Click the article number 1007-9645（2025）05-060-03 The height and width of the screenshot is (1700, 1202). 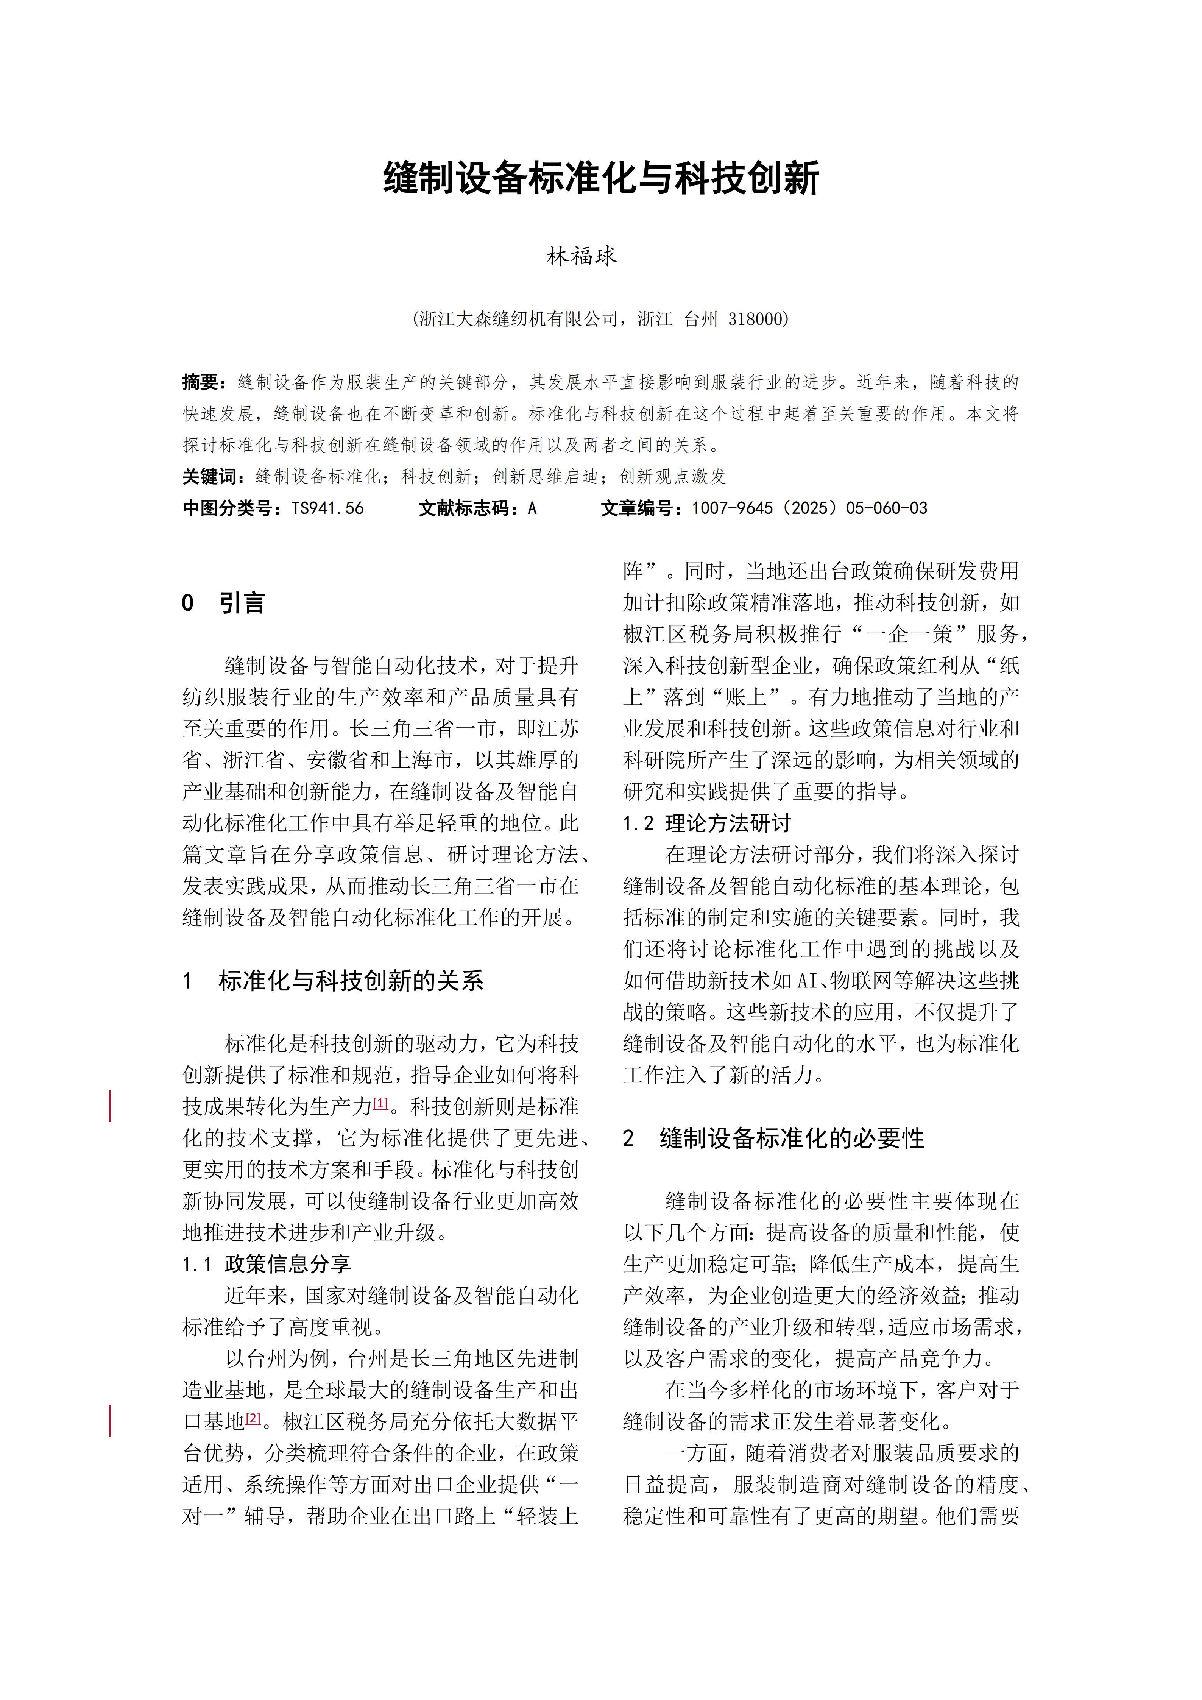809,508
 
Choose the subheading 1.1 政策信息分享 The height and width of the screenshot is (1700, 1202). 267,1264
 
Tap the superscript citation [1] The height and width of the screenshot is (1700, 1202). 380,1103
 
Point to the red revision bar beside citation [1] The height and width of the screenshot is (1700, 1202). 110,1106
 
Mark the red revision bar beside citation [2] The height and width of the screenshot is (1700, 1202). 110,1421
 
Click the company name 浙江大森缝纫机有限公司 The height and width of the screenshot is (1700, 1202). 518,319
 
